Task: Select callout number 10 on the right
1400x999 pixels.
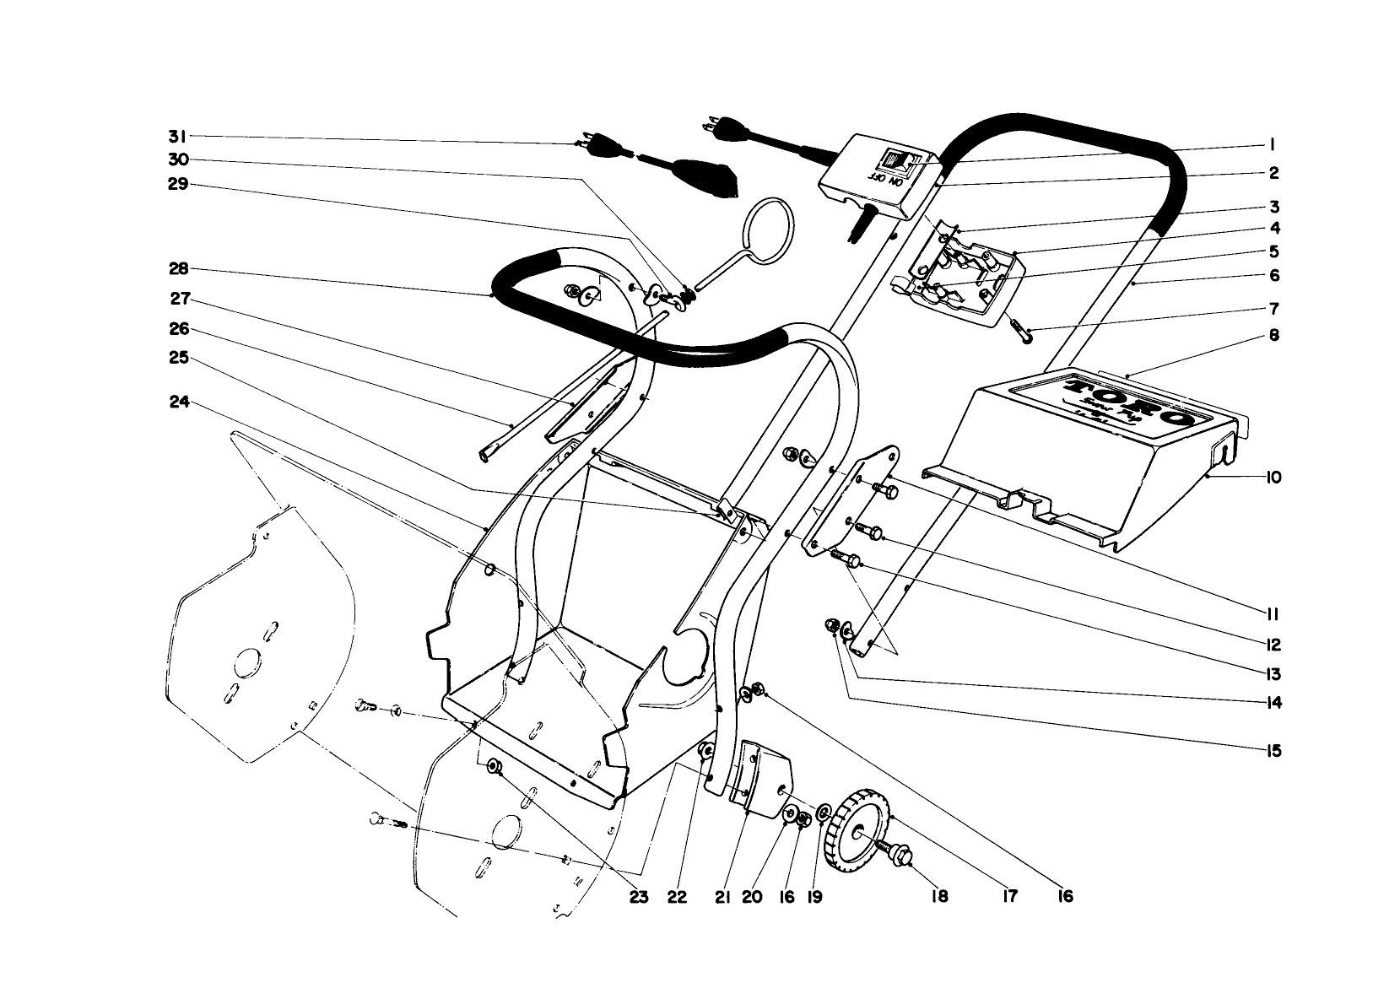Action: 1273,478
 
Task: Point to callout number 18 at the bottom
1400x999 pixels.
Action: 938,897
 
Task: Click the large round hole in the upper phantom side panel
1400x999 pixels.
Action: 248,661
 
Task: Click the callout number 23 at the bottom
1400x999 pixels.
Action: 638,897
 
